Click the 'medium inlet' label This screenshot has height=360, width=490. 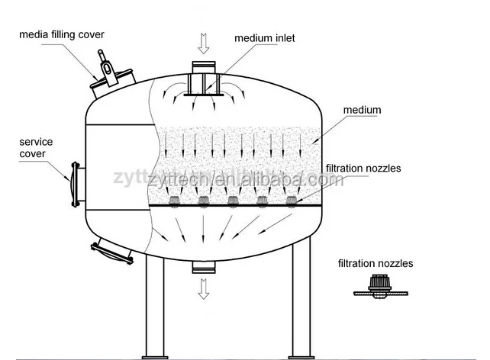[x=264, y=37]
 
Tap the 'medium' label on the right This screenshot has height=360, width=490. [x=361, y=111]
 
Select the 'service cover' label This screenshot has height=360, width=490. [x=36, y=148]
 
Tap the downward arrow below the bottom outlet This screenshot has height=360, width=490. [x=203, y=288]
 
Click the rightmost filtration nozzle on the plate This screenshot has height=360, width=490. [x=291, y=201]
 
